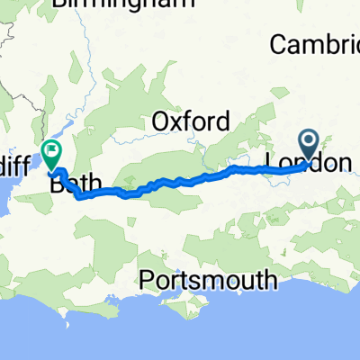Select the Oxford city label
191,121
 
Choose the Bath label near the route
76,184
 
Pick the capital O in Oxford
159,121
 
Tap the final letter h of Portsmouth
270,280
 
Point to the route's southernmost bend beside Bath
78,197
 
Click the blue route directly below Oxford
191,178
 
